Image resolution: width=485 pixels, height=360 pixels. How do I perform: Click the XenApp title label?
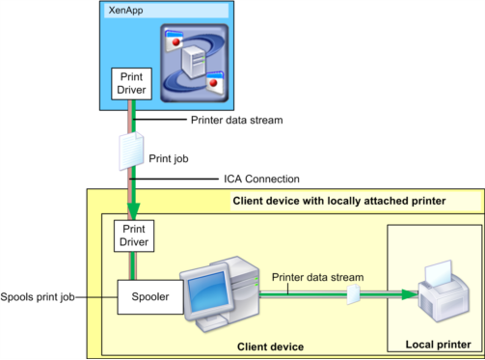(x=125, y=11)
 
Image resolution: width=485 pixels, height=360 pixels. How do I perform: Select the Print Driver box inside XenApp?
(x=131, y=84)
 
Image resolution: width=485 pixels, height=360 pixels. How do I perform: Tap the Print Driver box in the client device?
(x=134, y=235)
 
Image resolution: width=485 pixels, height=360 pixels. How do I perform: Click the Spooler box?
(x=150, y=297)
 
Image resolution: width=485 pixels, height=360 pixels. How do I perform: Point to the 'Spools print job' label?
(x=38, y=296)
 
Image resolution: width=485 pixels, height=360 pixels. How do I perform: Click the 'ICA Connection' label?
(x=261, y=179)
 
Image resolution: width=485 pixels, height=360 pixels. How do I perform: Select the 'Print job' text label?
(x=169, y=158)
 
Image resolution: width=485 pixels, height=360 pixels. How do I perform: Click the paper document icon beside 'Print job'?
(x=131, y=151)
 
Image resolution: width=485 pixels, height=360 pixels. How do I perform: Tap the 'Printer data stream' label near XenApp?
(x=237, y=120)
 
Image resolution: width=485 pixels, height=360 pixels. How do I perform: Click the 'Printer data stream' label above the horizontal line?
(x=317, y=277)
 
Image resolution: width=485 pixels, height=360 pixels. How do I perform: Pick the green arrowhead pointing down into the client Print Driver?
(x=133, y=211)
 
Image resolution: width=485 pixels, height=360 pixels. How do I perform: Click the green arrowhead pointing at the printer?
(x=410, y=294)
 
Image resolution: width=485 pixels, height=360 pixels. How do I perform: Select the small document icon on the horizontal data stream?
(x=354, y=293)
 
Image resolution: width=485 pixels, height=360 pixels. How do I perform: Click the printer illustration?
(x=444, y=291)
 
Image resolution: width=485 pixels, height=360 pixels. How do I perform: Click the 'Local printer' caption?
(x=438, y=345)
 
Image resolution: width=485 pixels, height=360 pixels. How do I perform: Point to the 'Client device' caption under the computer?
(x=270, y=346)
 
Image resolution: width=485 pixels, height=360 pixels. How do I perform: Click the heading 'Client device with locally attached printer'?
(x=339, y=201)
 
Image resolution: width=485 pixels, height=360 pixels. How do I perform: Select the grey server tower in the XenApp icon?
(x=194, y=62)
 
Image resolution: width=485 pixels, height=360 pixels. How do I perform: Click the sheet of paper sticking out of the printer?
(x=439, y=272)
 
